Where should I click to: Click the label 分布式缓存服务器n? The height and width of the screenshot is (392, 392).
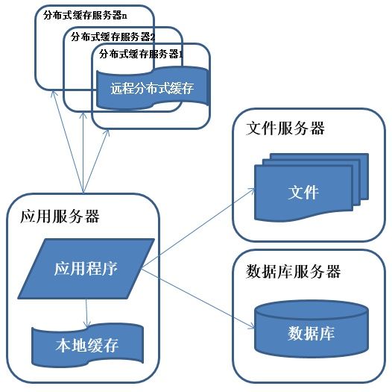[x=85, y=15]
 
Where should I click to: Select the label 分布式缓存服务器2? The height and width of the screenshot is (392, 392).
[x=113, y=35]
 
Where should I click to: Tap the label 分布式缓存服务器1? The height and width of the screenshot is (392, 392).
[x=141, y=54]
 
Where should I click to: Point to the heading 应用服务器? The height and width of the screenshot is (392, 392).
[x=59, y=217]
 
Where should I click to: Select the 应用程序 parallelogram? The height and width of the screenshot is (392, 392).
[x=85, y=267]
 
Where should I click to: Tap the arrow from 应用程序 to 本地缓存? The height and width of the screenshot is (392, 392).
[x=86, y=310]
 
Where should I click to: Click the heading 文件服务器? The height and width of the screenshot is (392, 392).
[x=285, y=128]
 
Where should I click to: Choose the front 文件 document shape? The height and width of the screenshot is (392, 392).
[x=303, y=193]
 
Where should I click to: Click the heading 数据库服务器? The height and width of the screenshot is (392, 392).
[x=293, y=271]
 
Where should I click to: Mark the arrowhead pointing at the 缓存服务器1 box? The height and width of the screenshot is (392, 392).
[x=109, y=131]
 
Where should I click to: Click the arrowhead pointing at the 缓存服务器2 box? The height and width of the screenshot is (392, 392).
[x=83, y=113]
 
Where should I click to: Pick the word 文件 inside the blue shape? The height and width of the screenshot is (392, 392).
[x=303, y=193]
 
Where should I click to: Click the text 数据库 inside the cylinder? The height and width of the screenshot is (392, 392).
[x=311, y=333]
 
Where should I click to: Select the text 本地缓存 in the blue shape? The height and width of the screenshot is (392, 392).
[x=87, y=347]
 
